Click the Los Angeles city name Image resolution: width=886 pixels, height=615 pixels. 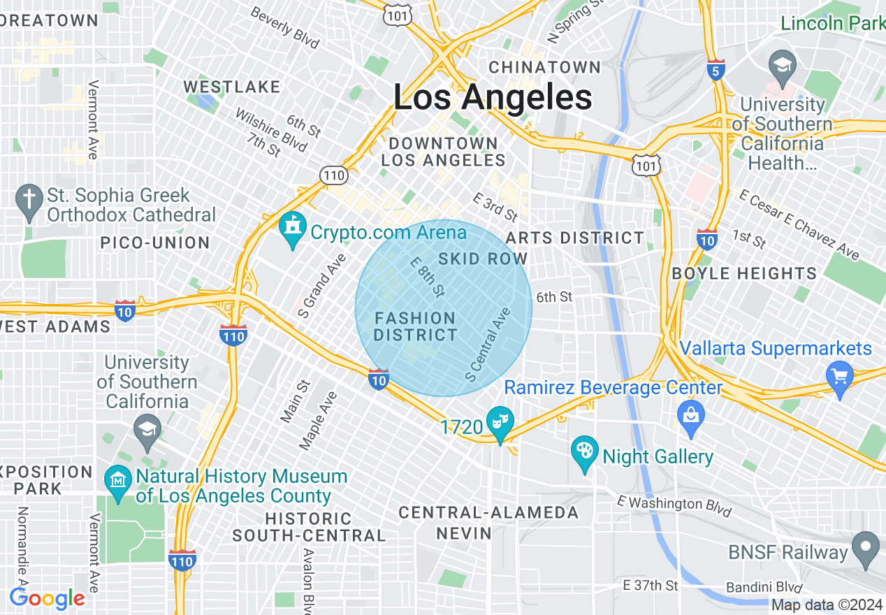pyautogui.click(x=493, y=98)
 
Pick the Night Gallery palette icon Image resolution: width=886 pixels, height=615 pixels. pyautogui.click(x=585, y=454)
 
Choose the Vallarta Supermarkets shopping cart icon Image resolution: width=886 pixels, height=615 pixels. pyautogui.click(x=838, y=376)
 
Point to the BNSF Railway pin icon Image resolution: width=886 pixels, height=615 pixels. pyautogui.click(x=866, y=549)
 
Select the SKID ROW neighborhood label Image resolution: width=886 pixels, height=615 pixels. pyautogui.click(x=483, y=259)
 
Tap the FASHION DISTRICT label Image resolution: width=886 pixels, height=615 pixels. pyautogui.click(x=415, y=326)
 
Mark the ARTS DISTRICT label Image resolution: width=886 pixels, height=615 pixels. pyautogui.click(x=575, y=238)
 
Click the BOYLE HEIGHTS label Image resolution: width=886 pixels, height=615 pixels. pyautogui.click(x=744, y=273)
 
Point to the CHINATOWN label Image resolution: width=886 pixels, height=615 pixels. pyautogui.click(x=544, y=68)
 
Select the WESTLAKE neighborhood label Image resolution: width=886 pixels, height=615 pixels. pyautogui.click(x=231, y=87)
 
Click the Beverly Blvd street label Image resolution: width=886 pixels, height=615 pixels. pyautogui.click(x=284, y=28)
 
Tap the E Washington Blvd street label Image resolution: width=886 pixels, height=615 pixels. pyautogui.click(x=674, y=507)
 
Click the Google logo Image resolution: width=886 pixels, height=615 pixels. pyautogui.click(x=47, y=598)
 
